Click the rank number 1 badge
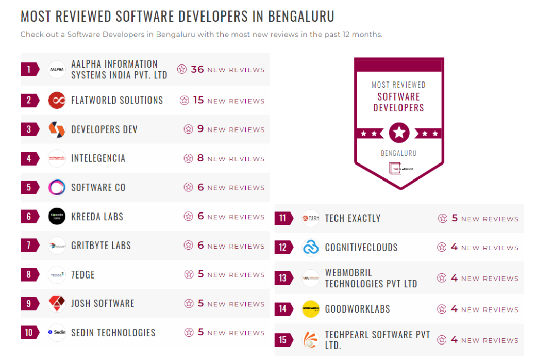point(29,69)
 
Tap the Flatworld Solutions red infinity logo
point(57,100)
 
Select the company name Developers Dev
point(104,129)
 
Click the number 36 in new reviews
point(197,69)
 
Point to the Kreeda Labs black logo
point(57,217)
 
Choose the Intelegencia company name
point(98,158)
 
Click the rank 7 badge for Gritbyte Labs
point(29,246)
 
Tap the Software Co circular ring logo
point(57,187)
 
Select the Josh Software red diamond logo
point(57,303)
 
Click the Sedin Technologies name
point(113,333)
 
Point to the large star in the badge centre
point(399,133)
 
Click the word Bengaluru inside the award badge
point(398,153)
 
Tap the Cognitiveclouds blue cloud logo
point(311,248)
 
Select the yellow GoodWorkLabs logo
point(311,309)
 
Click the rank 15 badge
point(283,340)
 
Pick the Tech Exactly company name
point(353,218)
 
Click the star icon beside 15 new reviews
point(185,101)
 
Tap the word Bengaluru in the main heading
point(301,16)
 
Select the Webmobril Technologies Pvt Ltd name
point(371,278)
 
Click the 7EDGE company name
point(83,274)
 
